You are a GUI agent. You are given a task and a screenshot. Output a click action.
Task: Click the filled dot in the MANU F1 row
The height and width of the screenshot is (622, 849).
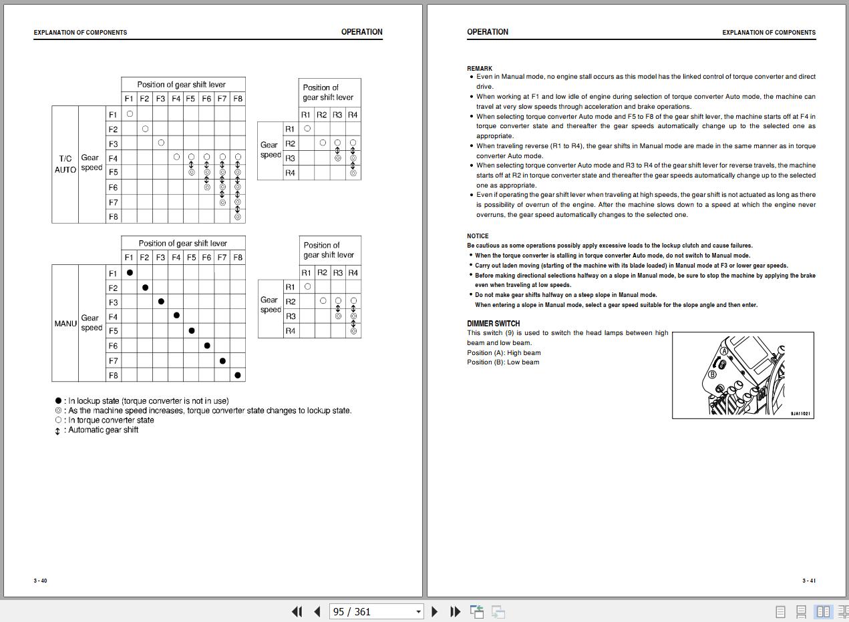tap(130, 273)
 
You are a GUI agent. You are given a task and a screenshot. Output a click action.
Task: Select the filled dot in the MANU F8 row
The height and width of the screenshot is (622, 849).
tap(238, 375)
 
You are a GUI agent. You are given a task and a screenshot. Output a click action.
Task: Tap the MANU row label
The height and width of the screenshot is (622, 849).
tap(65, 324)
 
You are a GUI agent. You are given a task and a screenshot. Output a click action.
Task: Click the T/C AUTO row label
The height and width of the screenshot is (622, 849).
tap(65, 164)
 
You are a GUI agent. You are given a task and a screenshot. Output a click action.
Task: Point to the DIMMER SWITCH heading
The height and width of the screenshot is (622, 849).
tap(494, 324)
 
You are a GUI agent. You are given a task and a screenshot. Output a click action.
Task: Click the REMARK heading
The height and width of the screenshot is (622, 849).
tap(480, 68)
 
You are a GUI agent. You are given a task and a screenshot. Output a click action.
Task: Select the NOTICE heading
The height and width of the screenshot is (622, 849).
tap(478, 236)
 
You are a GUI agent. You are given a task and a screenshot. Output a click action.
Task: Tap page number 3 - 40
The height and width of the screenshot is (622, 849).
tap(41, 581)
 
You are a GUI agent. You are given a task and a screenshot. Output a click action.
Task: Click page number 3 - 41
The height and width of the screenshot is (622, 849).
tap(809, 581)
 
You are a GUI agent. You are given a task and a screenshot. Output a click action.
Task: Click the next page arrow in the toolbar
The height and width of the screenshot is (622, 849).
tap(435, 611)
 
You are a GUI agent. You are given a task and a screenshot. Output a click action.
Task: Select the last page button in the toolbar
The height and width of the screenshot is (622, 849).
tap(456, 611)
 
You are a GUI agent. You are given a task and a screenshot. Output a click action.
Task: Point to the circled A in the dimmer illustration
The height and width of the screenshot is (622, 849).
tap(724, 351)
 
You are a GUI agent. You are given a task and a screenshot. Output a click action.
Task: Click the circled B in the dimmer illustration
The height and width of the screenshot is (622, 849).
tap(712, 374)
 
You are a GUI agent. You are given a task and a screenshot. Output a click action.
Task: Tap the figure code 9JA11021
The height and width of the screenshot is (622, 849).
tap(800, 414)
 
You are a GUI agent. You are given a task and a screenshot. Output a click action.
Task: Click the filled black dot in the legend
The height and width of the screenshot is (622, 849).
tap(58, 401)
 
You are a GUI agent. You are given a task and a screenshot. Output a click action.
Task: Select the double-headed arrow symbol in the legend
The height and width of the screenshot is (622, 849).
tap(58, 430)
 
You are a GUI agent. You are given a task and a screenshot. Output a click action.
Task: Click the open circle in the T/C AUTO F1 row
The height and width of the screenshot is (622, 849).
tap(130, 114)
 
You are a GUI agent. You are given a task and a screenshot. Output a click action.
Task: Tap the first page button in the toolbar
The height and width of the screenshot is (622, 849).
tap(297, 611)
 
